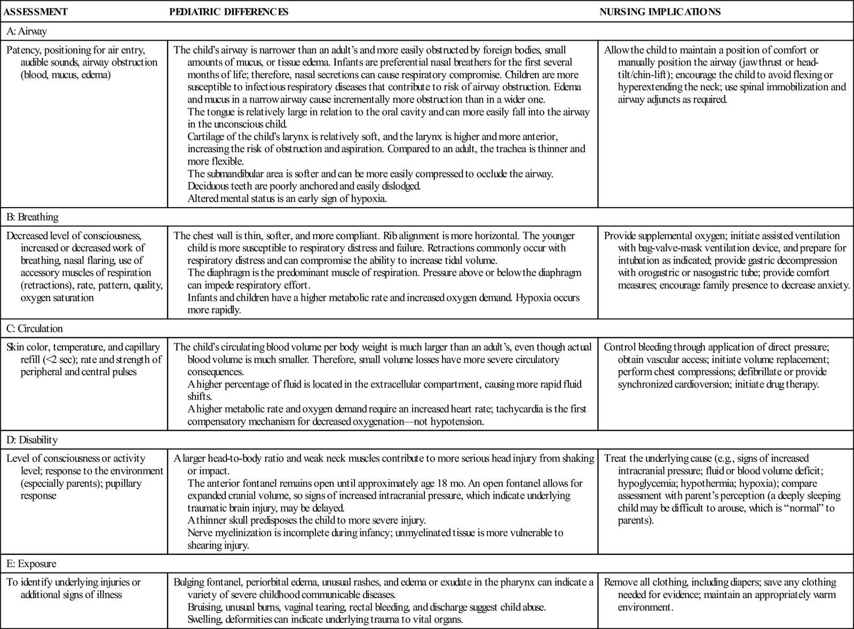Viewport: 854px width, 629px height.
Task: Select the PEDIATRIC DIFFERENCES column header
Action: pos(228,12)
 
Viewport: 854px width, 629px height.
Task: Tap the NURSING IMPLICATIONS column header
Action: pos(660,12)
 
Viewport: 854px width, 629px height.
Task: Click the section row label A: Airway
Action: pos(27,31)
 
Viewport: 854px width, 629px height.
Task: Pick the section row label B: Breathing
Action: pos(33,217)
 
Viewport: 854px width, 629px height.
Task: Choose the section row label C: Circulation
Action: pos(35,328)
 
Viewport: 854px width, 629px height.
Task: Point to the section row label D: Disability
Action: pos(32,440)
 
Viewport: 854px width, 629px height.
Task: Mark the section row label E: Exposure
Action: pos(31,564)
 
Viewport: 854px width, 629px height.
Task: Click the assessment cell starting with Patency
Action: pos(82,62)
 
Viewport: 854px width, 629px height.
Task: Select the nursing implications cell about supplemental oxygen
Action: pos(726,260)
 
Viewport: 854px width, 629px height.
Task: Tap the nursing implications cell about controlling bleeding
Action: pos(718,366)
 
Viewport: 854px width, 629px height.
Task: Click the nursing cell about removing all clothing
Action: pos(721,594)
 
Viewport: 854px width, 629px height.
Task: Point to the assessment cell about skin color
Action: pos(84,359)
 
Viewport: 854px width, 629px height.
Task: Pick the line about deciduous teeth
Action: pos(304,186)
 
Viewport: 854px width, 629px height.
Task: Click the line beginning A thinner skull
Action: pos(307,521)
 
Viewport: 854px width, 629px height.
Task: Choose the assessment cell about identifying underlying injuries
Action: pos(74,588)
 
